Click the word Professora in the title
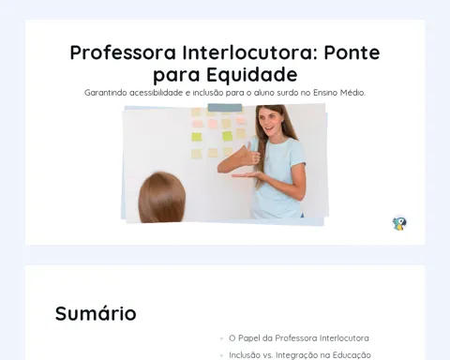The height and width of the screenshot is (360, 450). [x=123, y=52]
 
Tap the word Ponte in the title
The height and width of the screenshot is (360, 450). [x=352, y=52]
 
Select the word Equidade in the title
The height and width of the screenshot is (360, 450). [x=252, y=75]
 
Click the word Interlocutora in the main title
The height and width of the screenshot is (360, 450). [x=249, y=52]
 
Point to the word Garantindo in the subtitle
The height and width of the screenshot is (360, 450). [x=106, y=93]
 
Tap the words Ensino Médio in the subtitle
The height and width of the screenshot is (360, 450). [x=339, y=93]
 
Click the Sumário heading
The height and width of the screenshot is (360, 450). [x=96, y=313]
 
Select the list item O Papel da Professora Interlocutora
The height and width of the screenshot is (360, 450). [x=299, y=338]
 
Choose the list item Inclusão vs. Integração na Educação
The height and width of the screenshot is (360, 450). [x=300, y=355]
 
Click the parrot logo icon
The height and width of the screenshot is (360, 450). [x=399, y=223]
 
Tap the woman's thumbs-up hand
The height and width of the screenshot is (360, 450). [x=250, y=155]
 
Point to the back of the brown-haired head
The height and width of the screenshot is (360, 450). [x=162, y=198]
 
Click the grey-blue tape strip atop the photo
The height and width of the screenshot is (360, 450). [x=225, y=108]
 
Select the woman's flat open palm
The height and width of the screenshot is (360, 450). [x=247, y=175]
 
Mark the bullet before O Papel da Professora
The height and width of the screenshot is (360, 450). [x=222, y=338]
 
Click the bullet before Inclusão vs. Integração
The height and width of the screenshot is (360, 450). [x=222, y=355]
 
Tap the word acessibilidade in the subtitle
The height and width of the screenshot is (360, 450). [x=156, y=93]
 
